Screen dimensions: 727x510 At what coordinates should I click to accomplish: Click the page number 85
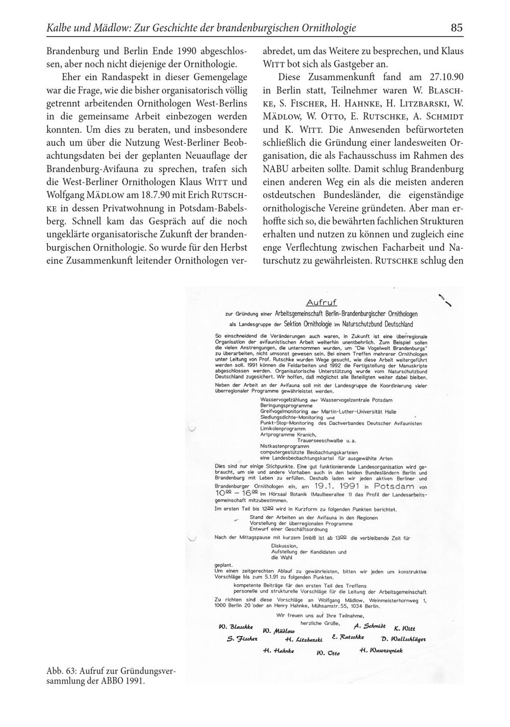(456, 28)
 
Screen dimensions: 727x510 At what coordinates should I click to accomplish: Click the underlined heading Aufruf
(321, 303)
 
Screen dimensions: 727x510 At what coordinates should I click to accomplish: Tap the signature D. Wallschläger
(403, 639)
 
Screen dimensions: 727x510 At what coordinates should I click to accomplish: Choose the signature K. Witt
(404, 628)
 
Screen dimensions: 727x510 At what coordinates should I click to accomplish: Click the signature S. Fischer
(242, 639)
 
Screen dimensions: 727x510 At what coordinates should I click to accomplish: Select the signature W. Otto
(328, 652)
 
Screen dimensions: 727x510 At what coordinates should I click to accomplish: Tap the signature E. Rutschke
(347, 637)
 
